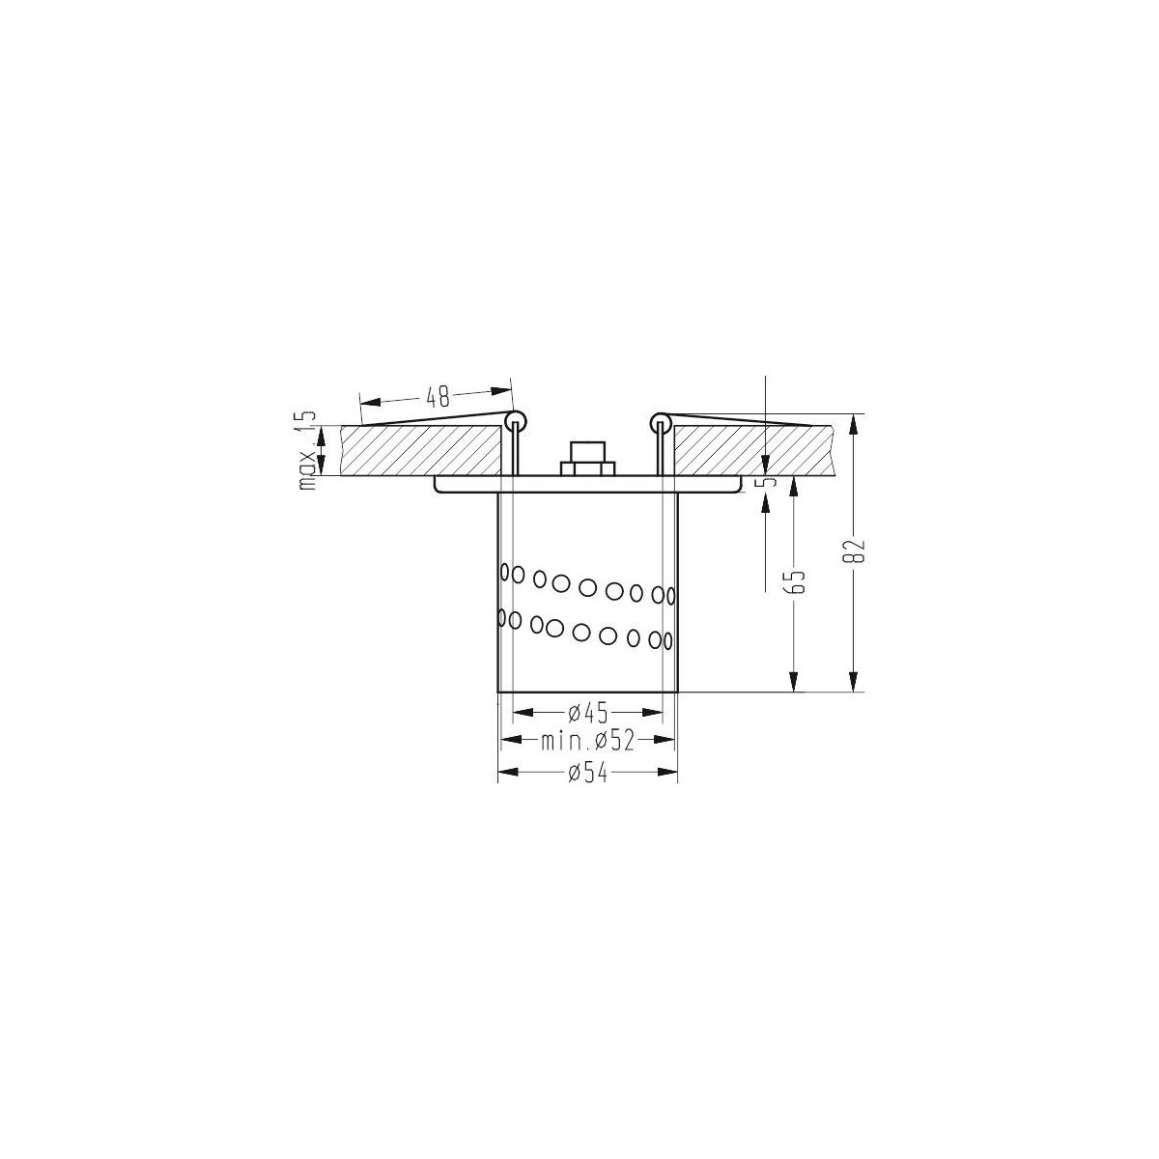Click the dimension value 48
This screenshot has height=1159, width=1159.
tap(438, 395)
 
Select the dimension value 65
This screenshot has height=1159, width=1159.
tap(797, 582)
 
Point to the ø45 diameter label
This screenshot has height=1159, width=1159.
tap(587, 714)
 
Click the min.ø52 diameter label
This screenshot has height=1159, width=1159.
tap(586, 741)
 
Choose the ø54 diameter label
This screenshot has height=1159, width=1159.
tap(587, 773)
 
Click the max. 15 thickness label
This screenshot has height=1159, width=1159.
tap(308, 450)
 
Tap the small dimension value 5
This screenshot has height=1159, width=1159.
tap(768, 480)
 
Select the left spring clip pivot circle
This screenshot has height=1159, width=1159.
tap(515, 421)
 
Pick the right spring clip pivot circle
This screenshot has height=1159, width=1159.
tap(661, 421)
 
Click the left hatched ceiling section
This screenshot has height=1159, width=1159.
tap(425, 451)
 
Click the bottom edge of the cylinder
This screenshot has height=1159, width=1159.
tap(587, 692)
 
